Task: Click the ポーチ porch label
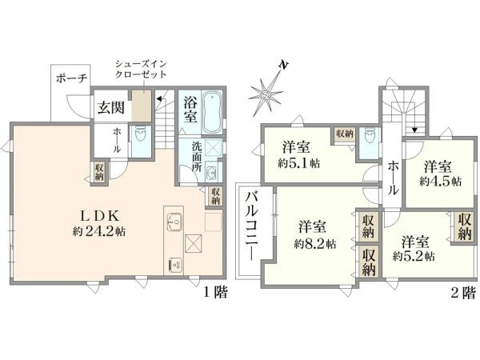[x=72, y=78]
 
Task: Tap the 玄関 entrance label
[x=111, y=107]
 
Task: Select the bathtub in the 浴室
[x=212, y=112]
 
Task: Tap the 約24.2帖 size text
[x=99, y=232]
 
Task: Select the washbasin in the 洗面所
[x=211, y=174]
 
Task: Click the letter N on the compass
[x=283, y=65]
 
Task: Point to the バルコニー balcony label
[x=253, y=226]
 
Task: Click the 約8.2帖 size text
[x=315, y=244]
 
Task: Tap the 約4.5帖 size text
[x=441, y=182]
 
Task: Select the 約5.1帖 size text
[x=298, y=163]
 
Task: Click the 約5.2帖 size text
[x=414, y=256]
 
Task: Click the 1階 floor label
[x=216, y=293]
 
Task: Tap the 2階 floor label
[x=463, y=293]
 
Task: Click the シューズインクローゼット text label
[x=141, y=69]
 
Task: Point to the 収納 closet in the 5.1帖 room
[x=345, y=134]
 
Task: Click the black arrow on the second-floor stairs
[x=414, y=130]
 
